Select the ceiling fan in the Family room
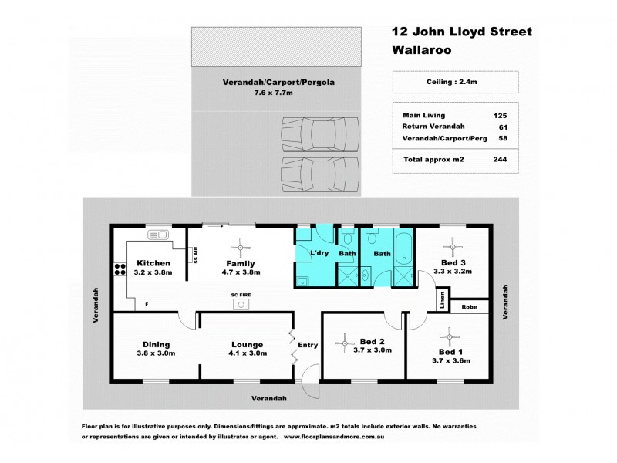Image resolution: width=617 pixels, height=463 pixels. [243, 247]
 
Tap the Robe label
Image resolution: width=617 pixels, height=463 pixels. [468, 306]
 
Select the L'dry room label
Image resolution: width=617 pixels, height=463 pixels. [319, 253]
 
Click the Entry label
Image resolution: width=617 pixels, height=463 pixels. [308, 345]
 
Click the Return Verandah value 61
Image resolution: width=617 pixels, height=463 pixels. [502, 126]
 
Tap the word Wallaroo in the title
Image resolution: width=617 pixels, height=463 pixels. [421, 49]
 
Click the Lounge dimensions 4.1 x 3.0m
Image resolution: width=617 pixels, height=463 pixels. [247, 353]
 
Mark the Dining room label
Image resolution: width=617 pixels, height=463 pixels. [156, 344]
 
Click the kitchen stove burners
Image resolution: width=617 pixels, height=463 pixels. [120, 269]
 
